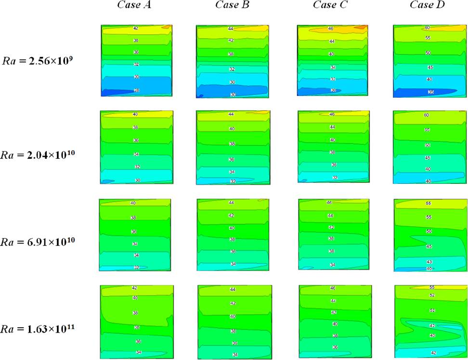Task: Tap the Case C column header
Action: pyautogui.click(x=329, y=5)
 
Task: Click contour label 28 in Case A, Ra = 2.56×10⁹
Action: pyautogui.click(x=136, y=90)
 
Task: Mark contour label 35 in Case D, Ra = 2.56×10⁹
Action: pyautogui.click(x=428, y=91)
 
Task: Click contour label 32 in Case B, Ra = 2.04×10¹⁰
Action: pyautogui.click(x=232, y=181)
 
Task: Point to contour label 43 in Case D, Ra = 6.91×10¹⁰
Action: pyautogui.click(x=429, y=262)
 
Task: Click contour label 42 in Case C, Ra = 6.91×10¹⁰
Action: pyautogui.click(x=331, y=227)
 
